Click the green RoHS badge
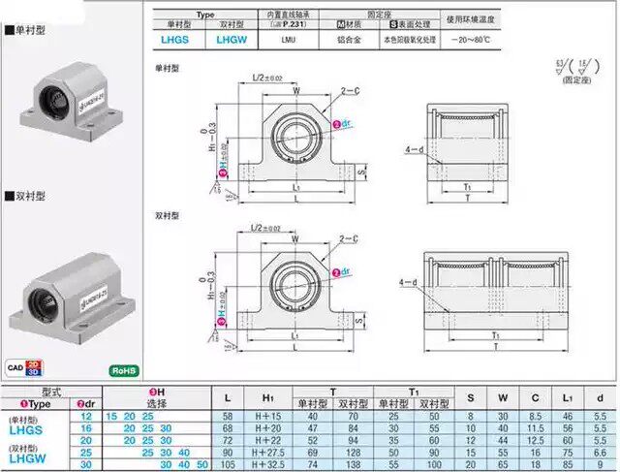pyautogui.click(x=124, y=370)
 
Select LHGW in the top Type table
pyautogui.click(x=232, y=40)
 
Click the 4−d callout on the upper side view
pyautogui.click(x=414, y=149)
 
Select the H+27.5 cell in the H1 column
pyautogui.click(x=274, y=453)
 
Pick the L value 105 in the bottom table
pyautogui.click(x=227, y=465)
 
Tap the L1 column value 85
pyautogui.click(x=567, y=465)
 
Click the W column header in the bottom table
pyautogui.click(x=503, y=396)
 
